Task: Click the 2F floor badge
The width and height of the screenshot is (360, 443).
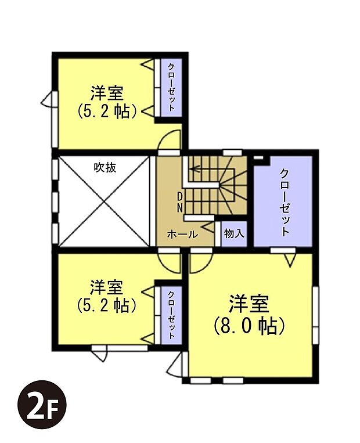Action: tap(42, 405)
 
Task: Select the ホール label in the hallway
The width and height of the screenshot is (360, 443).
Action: tap(182, 235)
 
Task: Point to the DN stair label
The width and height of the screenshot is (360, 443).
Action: tap(180, 201)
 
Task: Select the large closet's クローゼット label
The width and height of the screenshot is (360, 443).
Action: tap(285, 201)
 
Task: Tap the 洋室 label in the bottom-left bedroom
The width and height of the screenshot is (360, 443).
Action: tap(107, 287)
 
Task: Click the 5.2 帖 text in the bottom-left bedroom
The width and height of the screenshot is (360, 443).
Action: tap(107, 304)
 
